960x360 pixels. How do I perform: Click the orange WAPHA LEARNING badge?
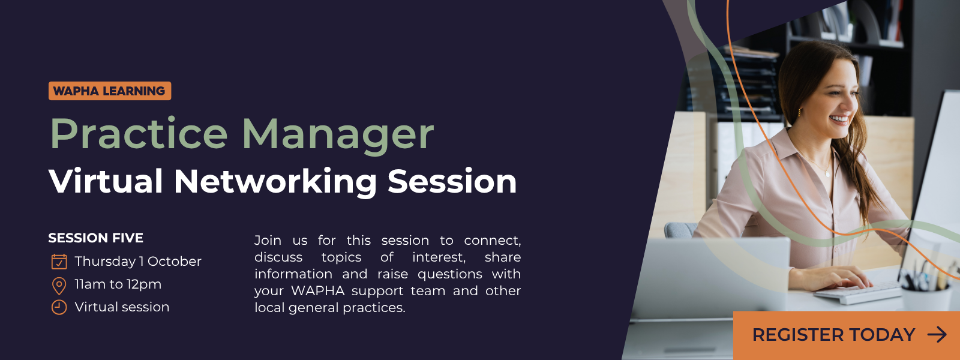[x=110, y=91]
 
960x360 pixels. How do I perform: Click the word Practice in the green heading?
[x=139, y=134]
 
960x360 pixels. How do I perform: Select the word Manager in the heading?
[x=338, y=134]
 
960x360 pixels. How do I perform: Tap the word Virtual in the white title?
[x=106, y=181]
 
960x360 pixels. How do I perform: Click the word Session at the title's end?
[x=452, y=181]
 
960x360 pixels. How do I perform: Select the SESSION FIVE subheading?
[x=95, y=238]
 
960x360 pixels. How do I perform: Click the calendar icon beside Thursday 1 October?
[x=59, y=262]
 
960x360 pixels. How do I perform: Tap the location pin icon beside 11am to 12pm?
[x=59, y=286]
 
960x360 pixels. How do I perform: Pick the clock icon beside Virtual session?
[x=59, y=307]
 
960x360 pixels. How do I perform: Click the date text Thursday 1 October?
[x=138, y=261]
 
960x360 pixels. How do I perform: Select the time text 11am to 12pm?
[x=118, y=284]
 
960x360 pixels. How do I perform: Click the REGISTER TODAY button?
[x=847, y=335]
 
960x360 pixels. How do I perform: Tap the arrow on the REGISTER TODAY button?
[x=937, y=335]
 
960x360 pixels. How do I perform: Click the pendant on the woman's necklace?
[x=827, y=174]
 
